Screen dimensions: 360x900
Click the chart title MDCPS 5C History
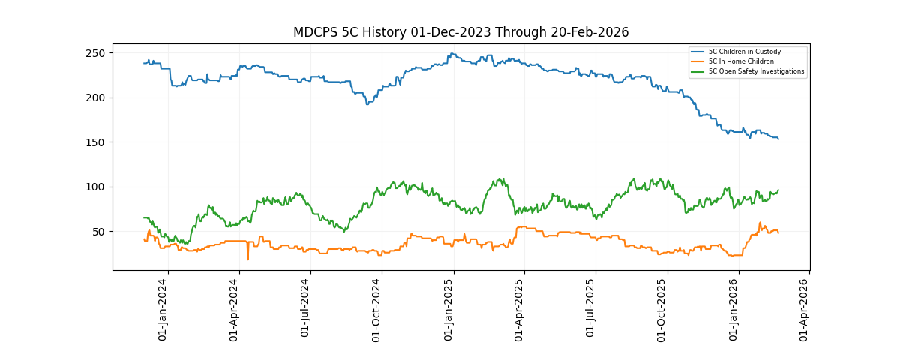460,32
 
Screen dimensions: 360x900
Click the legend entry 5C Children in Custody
744,52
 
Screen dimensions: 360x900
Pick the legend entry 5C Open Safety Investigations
756,71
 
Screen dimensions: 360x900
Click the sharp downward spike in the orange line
247,258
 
